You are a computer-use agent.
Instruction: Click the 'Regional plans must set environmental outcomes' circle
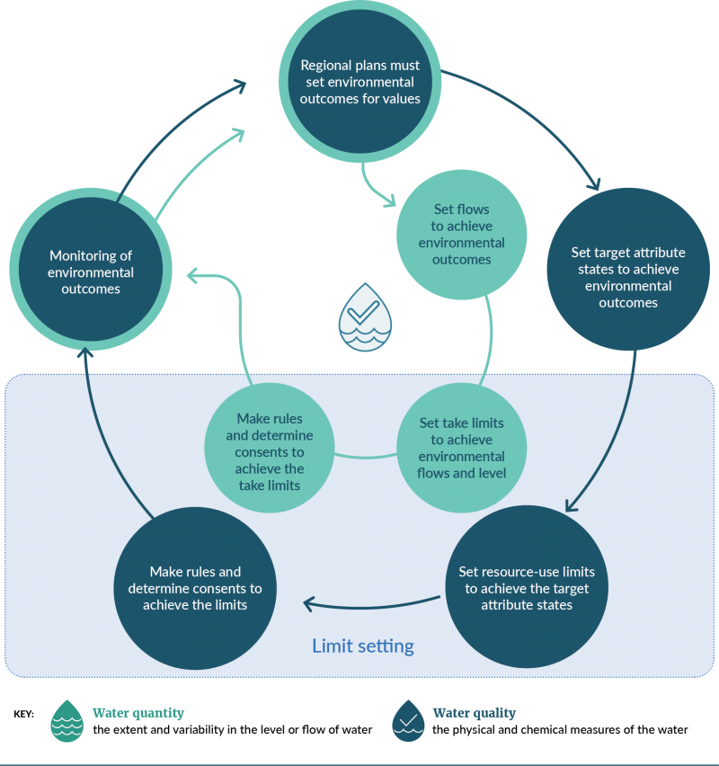click(359, 82)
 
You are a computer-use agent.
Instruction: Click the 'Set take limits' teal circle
click(461, 448)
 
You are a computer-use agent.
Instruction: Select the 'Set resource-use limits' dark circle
click(526, 588)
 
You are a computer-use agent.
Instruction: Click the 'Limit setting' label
click(363, 646)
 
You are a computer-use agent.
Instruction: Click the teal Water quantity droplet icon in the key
click(66, 720)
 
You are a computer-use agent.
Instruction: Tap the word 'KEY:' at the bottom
click(24, 714)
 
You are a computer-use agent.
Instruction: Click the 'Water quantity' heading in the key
click(138, 713)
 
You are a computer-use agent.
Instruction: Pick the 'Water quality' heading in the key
click(474, 713)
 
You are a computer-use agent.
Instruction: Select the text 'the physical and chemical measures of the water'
click(560, 730)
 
